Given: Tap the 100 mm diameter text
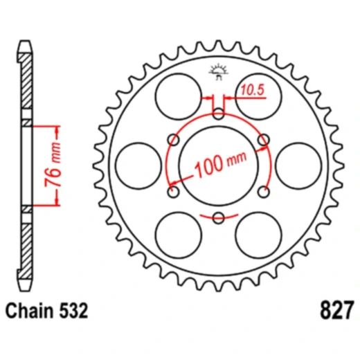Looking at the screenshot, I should pyautogui.click(x=220, y=164).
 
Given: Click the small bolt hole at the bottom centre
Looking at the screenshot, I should pyautogui.click(x=218, y=219).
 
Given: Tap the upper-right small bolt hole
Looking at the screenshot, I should pyautogui.click(x=264, y=141).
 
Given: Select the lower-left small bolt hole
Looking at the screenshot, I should pyautogui.click(x=173, y=192).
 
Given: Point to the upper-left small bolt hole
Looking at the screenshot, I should pyautogui.click(x=173, y=140).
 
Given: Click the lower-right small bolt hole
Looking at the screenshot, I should pyautogui.click(x=264, y=192).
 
